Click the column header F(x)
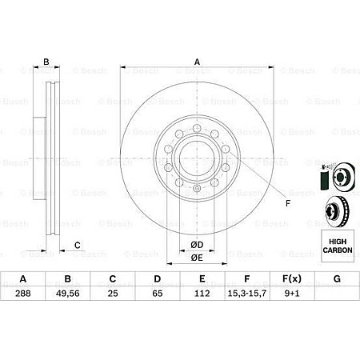(292, 280)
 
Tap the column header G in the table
(337, 280)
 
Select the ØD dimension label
(197, 244)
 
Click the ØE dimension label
(197, 257)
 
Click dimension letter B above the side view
(46, 62)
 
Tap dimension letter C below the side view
(77, 245)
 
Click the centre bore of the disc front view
(197, 152)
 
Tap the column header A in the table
(23, 280)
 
